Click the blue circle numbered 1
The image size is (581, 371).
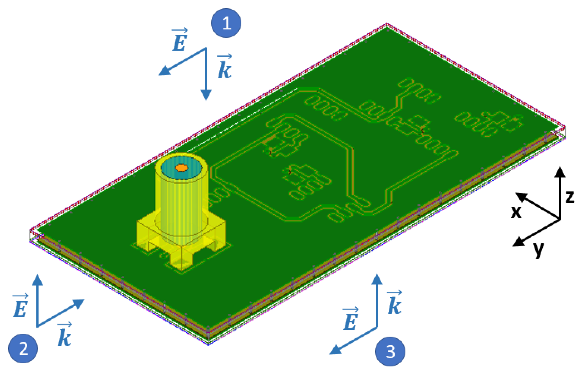226,23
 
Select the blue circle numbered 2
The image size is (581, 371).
23,348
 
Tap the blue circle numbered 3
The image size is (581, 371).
390,351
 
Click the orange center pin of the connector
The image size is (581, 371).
182,168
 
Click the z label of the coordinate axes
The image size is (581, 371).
570,197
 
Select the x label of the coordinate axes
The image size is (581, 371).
516,212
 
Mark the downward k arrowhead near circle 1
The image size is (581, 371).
206,96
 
